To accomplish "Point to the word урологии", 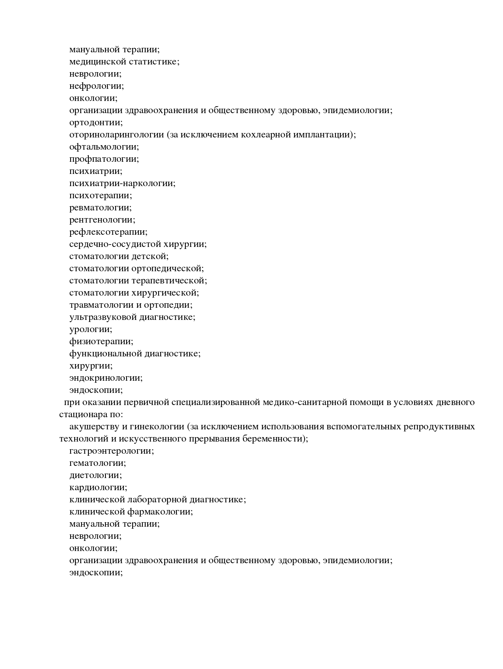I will click(x=90, y=329).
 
